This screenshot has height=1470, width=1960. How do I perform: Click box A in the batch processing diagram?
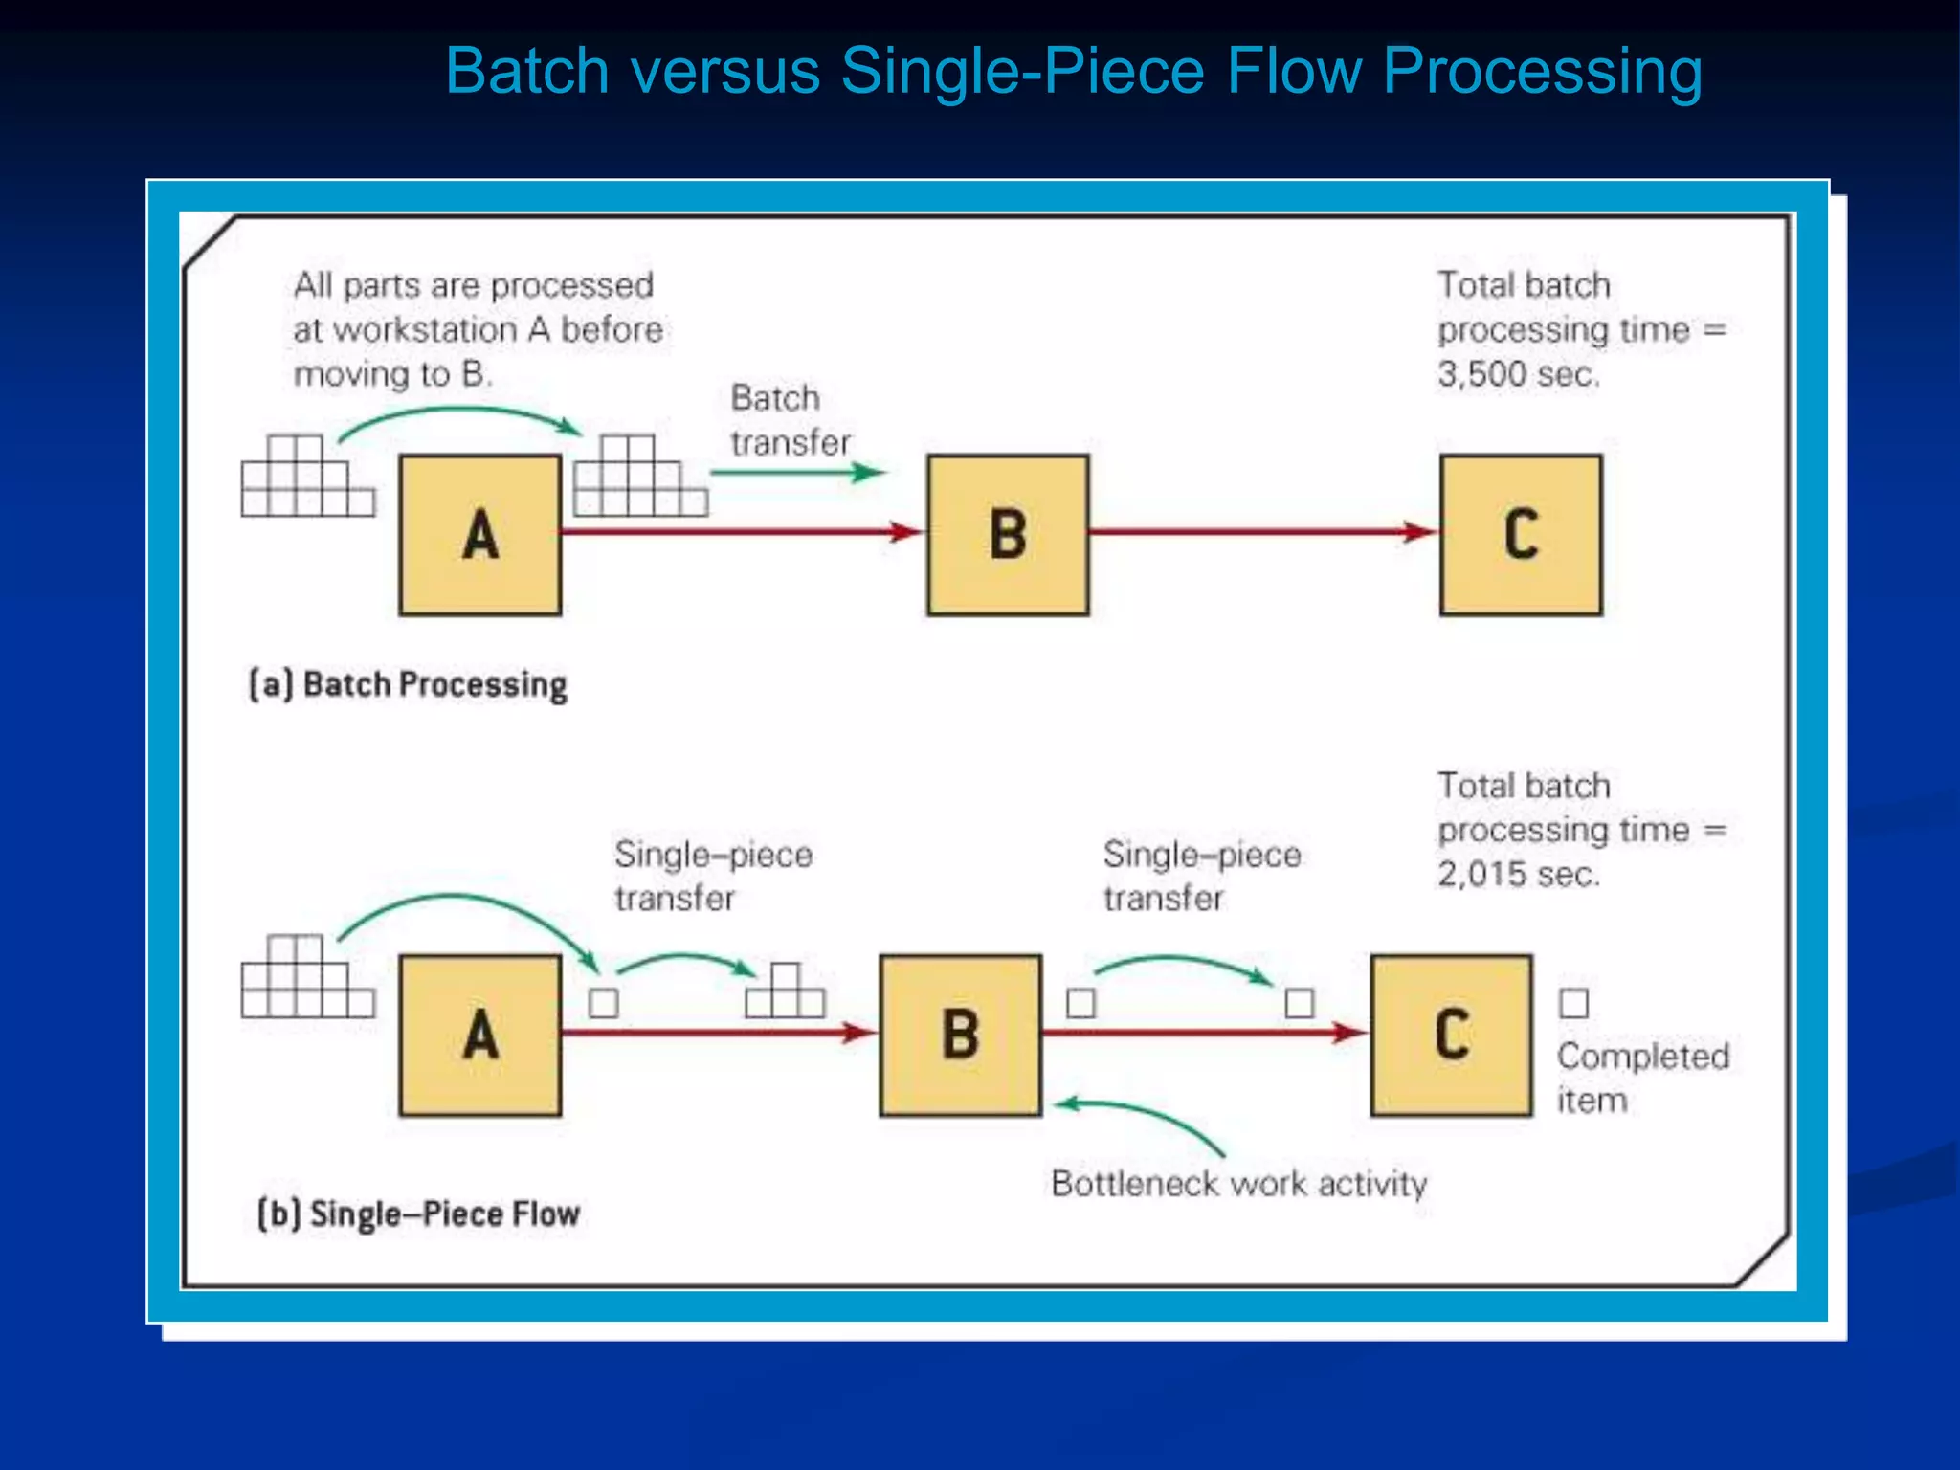click(x=479, y=534)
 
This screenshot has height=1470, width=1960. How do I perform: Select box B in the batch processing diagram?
click(x=1008, y=534)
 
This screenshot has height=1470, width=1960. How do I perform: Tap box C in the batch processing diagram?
click(x=1521, y=534)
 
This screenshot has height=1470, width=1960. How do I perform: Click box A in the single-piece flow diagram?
click(x=479, y=1035)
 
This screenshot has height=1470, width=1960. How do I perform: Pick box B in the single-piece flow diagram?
click(x=960, y=1035)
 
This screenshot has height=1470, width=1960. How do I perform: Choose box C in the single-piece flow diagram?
click(x=1451, y=1035)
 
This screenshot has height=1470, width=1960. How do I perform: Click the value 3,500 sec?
click(x=1518, y=374)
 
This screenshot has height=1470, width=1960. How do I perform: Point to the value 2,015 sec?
click(x=1518, y=874)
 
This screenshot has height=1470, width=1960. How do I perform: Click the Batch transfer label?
click(x=790, y=420)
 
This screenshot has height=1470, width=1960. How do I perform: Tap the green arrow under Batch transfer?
click(x=797, y=472)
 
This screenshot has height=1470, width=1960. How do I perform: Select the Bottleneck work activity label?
click(x=1238, y=1184)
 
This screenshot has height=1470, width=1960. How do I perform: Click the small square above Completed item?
click(x=1573, y=1003)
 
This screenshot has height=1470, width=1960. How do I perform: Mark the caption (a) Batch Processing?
click(x=409, y=685)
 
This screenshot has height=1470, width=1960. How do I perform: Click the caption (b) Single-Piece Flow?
click(x=418, y=1214)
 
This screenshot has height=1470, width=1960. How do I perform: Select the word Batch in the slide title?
click(x=526, y=71)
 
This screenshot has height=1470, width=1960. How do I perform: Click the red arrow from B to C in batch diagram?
click(x=1263, y=531)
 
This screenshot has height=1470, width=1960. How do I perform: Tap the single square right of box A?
click(x=603, y=1003)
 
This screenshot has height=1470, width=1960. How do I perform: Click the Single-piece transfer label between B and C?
click(x=1201, y=876)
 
